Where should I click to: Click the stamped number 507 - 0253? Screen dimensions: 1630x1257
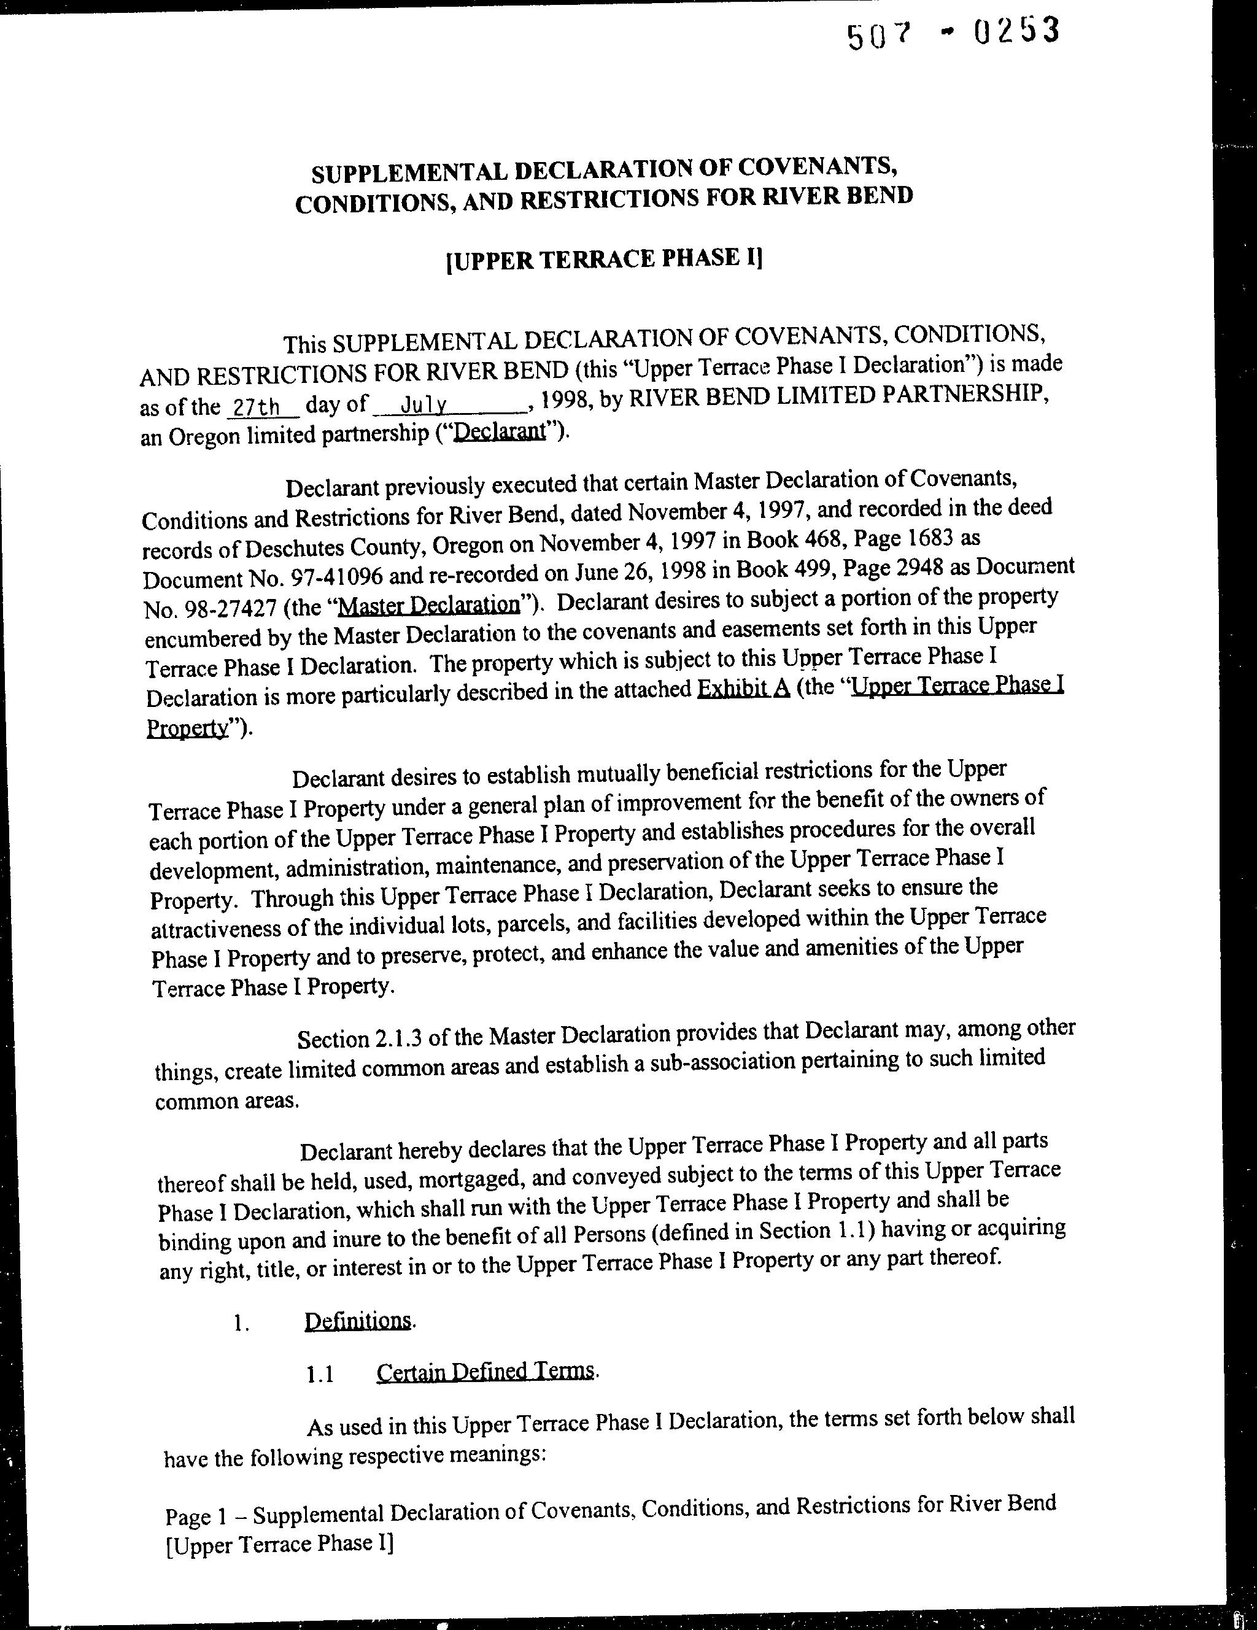(953, 34)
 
